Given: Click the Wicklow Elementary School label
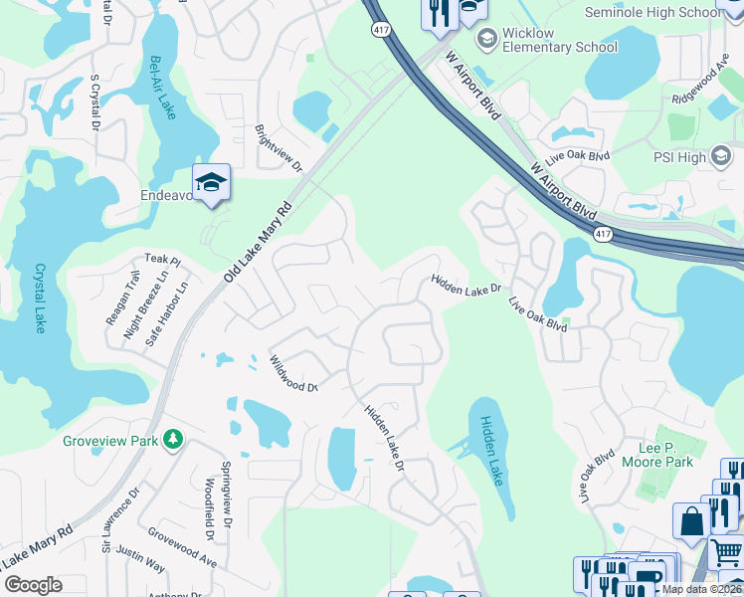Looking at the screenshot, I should tap(559, 40).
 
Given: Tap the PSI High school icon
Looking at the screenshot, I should tap(721, 157).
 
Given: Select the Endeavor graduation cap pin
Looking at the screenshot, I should tap(211, 182).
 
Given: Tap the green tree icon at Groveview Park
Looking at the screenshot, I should tap(173, 439).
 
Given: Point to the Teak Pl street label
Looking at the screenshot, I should tap(162, 260).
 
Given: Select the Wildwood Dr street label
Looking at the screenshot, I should tap(292, 374).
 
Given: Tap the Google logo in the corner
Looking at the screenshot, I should tap(33, 585).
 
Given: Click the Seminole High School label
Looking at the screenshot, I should tap(666, 12).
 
